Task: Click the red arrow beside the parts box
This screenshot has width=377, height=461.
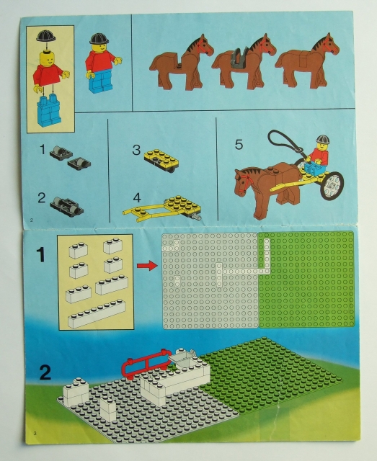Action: point(147,267)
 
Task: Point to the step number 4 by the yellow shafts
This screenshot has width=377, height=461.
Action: point(136,196)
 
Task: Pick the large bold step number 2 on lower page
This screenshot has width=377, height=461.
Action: point(44,373)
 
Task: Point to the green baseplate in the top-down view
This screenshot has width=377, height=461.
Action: point(306,279)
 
